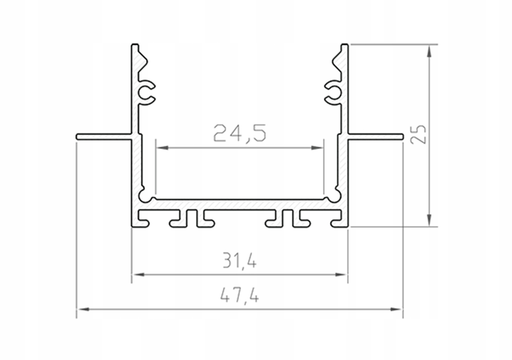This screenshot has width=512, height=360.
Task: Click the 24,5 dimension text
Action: tap(240, 133)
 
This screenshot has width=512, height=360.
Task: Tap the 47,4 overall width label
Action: tap(240, 296)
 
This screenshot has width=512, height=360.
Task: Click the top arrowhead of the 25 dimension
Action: tap(429, 50)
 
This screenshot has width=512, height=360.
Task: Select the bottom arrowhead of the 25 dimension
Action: tap(429, 220)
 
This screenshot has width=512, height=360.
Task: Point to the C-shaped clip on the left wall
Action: tap(146, 93)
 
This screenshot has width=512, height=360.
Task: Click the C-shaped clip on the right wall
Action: tap(334, 93)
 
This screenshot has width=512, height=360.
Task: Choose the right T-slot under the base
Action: tap(288, 219)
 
